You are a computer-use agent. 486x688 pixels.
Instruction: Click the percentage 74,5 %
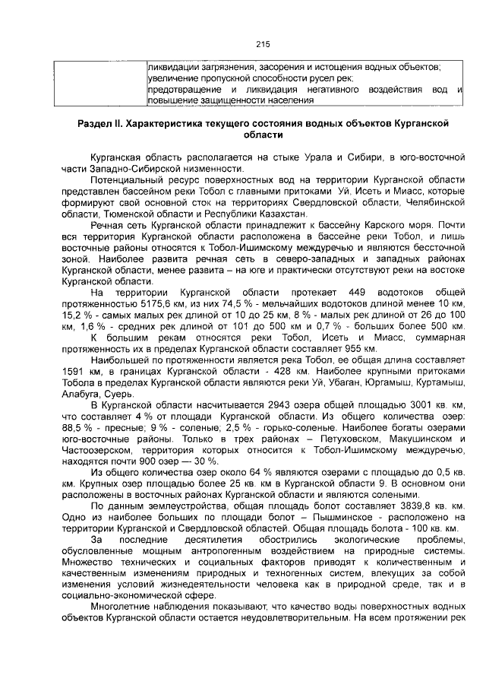click(215, 304)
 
